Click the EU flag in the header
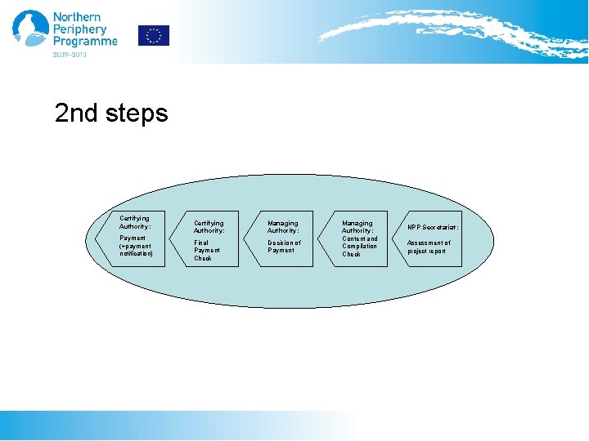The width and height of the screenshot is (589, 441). [153, 35]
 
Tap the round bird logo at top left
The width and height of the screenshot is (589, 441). [30, 29]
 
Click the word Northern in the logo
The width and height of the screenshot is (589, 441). [76, 16]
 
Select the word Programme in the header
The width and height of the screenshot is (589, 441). [84, 42]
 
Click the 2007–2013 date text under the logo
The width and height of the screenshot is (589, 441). [70, 55]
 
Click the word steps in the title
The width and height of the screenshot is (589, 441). [137, 113]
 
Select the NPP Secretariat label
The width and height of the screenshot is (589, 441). [433, 227]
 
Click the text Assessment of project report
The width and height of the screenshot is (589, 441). [429, 247]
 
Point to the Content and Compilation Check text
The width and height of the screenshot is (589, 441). [360, 246]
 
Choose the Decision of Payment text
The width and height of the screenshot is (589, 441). [284, 246]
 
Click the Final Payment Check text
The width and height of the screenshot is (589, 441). [203, 250]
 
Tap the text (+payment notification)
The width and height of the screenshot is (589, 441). [136, 250]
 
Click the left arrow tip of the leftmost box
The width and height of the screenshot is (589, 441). [97, 238]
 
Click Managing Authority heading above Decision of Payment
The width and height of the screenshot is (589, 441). [283, 226]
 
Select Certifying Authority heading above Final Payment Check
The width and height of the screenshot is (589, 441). [209, 226]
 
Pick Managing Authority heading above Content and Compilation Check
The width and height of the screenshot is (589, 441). [357, 226]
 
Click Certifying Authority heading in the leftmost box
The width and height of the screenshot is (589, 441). [135, 222]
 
